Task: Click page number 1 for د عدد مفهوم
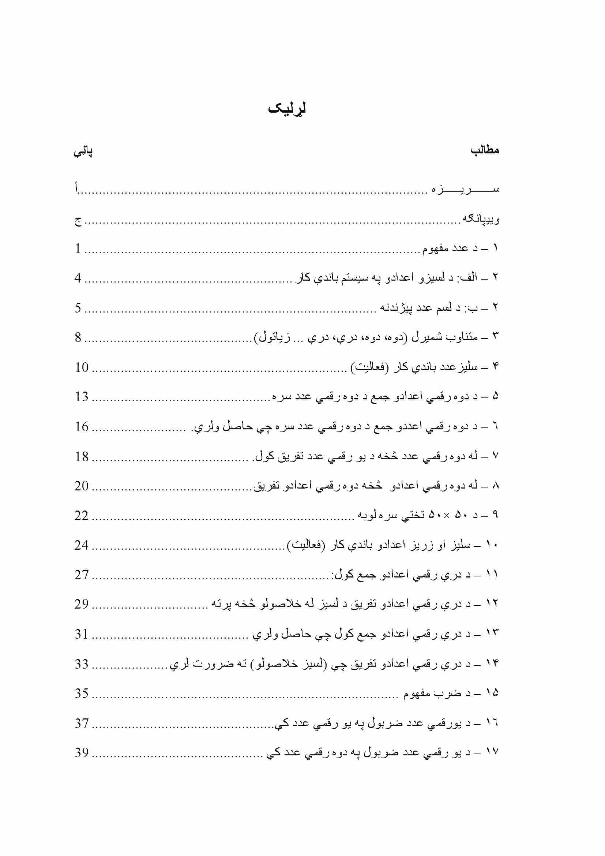(x=78, y=248)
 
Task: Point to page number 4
(x=78, y=278)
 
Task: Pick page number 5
(x=78, y=308)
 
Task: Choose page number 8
(x=78, y=337)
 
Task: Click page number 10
(x=82, y=367)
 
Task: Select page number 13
(x=82, y=397)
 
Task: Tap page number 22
(x=82, y=516)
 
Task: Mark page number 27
(x=82, y=575)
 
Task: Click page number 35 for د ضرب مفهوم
(x=82, y=694)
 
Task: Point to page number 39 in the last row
(x=82, y=753)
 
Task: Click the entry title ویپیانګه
(x=481, y=219)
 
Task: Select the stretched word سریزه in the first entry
(x=466, y=189)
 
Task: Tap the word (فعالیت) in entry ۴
(x=370, y=367)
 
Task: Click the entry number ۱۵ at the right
(x=492, y=693)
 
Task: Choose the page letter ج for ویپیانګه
(x=78, y=221)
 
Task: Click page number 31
(x=82, y=634)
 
